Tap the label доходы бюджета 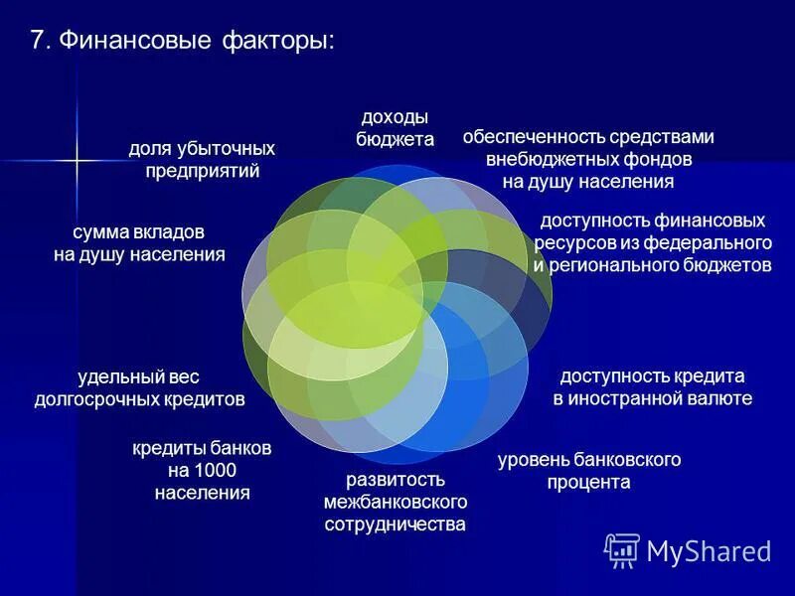(x=395, y=128)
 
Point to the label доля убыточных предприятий (x=202, y=159)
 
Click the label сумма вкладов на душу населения (x=139, y=242)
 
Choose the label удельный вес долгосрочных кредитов (x=139, y=387)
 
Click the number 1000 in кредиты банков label (x=216, y=470)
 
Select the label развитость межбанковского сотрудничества (x=395, y=502)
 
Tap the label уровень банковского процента (x=588, y=470)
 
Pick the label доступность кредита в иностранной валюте (x=652, y=387)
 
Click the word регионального (x=616, y=265)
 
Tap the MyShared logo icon (x=622, y=550)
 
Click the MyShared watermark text (x=709, y=551)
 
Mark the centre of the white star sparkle (x=77, y=158)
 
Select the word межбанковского (x=395, y=502)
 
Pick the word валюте (x=718, y=398)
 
